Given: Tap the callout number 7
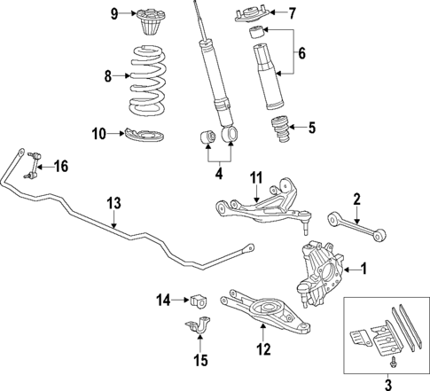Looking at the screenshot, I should (x=293, y=12).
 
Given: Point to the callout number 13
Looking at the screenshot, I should (x=113, y=203).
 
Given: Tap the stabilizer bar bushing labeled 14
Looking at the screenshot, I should (x=199, y=299).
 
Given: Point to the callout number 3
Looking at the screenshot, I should (x=387, y=383).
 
